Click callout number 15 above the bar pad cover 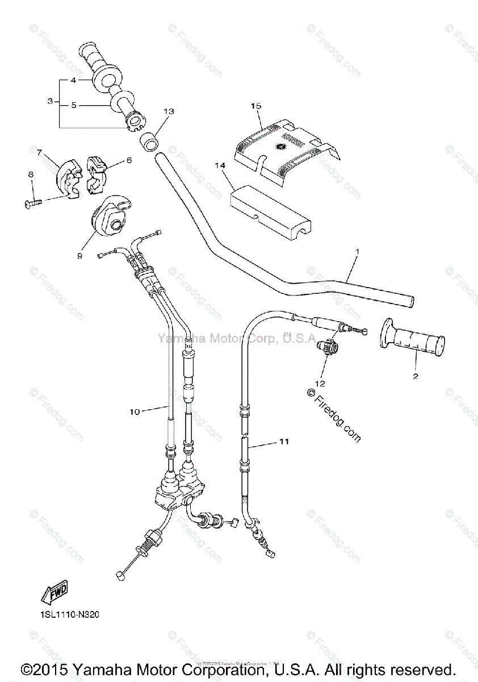tap(255, 106)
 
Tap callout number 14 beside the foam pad tap(220, 165)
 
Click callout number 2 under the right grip tap(415, 376)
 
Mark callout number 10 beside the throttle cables tap(135, 412)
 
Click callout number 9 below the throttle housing tap(79, 256)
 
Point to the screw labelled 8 tap(33, 201)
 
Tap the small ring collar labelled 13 tap(149, 143)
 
